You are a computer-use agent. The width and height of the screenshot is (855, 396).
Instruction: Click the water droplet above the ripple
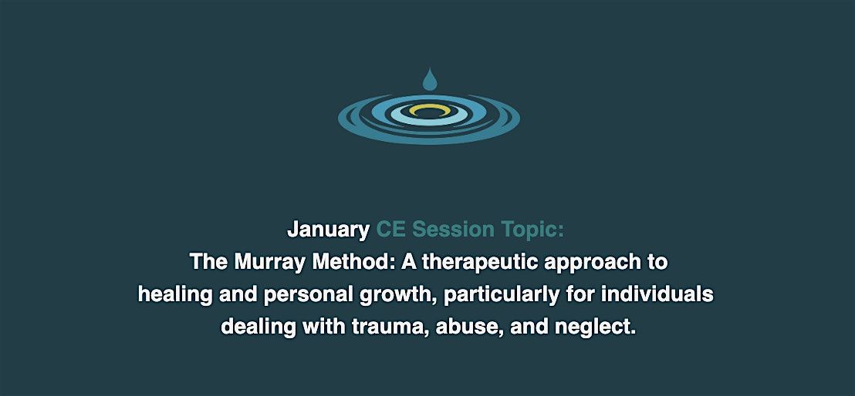[x=428, y=79]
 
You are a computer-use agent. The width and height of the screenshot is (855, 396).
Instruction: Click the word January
[x=328, y=230]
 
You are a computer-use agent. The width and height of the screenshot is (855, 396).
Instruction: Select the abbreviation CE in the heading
[x=390, y=230]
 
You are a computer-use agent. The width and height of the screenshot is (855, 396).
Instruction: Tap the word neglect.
[x=595, y=327]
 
